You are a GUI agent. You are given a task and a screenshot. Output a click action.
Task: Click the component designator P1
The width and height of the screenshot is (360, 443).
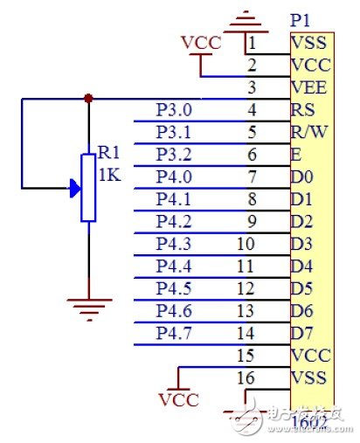click(x=301, y=19)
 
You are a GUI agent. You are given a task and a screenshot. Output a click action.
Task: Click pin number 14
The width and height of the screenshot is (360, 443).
click(x=246, y=333)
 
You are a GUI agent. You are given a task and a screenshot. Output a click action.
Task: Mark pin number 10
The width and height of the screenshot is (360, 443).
click(x=246, y=244)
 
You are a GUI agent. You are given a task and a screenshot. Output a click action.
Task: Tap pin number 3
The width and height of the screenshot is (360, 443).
click(x=251, y=87)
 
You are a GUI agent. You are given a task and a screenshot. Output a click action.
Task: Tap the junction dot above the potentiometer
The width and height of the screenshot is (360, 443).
click(x=88, y=99)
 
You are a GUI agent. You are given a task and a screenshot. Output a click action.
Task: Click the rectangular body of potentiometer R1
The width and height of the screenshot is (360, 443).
click(x=88, y=187)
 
